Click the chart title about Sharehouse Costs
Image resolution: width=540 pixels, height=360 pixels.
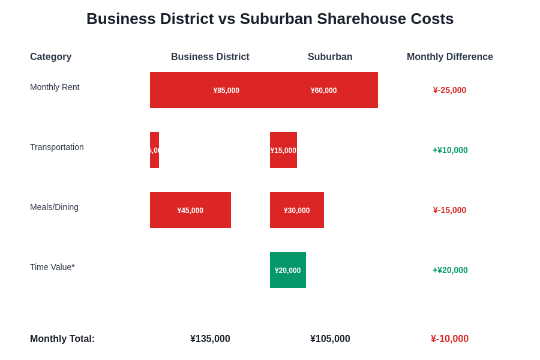click(270, 19)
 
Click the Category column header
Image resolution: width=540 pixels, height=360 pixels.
click(50, 57)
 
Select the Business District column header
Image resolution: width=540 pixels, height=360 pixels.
click(210, 57)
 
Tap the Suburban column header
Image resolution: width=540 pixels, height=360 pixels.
click(330, 57)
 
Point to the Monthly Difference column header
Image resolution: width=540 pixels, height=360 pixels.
click(450, 57)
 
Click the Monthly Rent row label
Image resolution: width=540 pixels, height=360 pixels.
click(55, 87)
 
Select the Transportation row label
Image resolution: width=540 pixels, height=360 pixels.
click(57, 147)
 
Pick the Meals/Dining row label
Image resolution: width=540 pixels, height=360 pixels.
click(54, 207)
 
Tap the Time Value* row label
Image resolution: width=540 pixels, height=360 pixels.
click(52, 267)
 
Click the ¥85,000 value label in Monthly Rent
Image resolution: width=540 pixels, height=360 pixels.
click(226, 91)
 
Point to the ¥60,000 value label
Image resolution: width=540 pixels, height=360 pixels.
click(323, 91)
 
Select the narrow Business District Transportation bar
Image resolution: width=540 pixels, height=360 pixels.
click(154, 150)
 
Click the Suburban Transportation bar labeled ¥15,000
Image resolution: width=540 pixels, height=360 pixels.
click(283, 150)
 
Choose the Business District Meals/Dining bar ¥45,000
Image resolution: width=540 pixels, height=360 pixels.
click(190, 210)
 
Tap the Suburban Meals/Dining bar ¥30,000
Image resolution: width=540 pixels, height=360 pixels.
click(297, 210)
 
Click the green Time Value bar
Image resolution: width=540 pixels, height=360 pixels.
click(288, 270)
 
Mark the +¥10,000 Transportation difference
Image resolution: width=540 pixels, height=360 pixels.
click(450, 150)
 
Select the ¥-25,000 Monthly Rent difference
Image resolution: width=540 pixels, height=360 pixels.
click(449, 90)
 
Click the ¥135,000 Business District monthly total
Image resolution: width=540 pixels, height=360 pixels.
click(210, 339)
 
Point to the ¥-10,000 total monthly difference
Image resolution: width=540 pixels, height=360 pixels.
click(449, 339)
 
